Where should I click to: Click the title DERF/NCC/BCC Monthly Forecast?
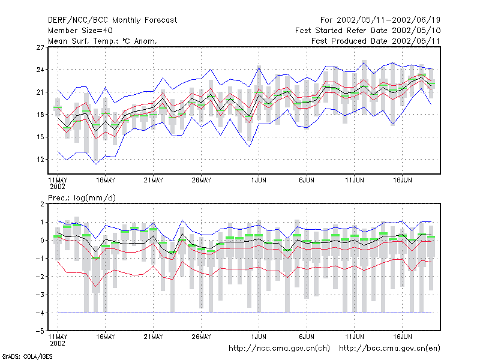coord(112,20)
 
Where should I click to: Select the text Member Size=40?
coord(80,31)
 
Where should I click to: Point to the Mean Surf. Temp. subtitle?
coord(102,41)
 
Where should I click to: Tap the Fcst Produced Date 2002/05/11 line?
coord(376,41)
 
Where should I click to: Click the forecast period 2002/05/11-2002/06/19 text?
coord(388,20)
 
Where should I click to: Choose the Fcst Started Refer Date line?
coord(368,31)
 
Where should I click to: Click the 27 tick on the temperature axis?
coord(40,47)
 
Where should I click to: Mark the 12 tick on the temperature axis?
coord(40,160)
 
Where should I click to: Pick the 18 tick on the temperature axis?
coord(40,115)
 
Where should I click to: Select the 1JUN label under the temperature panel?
coord(259,181)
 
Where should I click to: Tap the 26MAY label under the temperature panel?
coord(201,181)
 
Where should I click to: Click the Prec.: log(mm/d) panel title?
coord(82,198)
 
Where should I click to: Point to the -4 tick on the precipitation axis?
coord(40,313)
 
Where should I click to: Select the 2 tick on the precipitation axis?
coord(42,204)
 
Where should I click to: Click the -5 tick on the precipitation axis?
coord(40,331)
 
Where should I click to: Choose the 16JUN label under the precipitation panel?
coord(402,337)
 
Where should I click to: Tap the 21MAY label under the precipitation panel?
coord(154,337)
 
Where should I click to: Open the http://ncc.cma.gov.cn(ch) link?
coord(279,349)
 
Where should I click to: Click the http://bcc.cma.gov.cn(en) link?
coord(389,349)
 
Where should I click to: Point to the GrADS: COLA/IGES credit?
coord(27,356)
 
